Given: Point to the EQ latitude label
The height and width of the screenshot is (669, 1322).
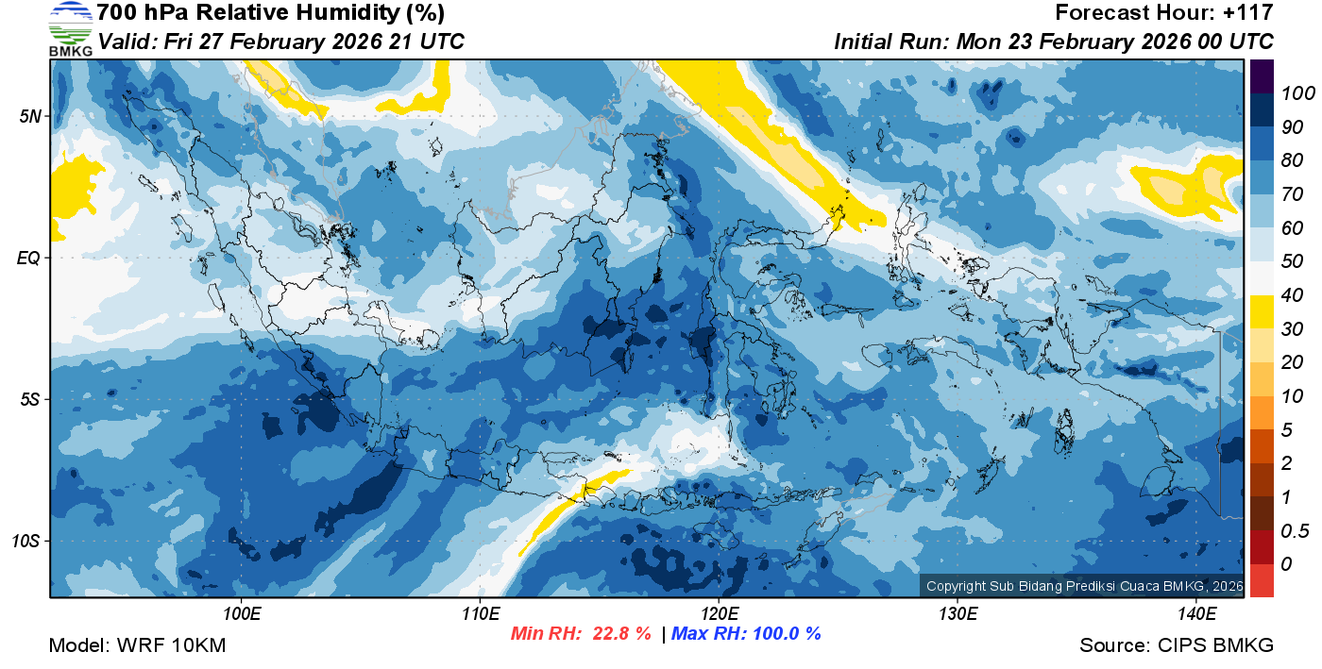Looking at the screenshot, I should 29,258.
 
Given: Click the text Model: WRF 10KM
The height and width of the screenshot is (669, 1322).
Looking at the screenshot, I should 137,646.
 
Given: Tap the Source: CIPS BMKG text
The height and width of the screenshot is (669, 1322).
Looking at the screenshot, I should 1177,646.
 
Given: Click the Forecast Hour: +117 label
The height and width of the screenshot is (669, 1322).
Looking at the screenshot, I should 1164,13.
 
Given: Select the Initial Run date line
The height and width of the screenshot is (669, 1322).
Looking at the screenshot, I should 1054,42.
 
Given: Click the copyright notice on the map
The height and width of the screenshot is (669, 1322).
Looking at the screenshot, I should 1082,586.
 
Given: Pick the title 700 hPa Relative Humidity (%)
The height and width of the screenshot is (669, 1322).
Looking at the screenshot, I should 270,13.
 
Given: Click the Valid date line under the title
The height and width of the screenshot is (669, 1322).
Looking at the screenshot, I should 281,42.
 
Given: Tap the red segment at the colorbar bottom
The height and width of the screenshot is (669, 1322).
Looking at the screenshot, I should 1262,580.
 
